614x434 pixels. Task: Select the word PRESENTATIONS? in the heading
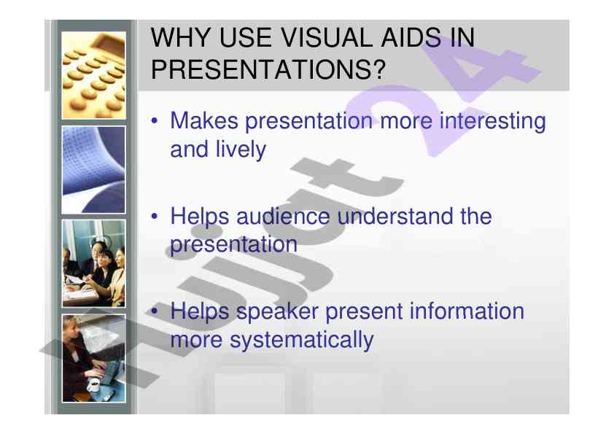tap(268, 70)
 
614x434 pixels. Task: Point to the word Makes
tap(204, 120)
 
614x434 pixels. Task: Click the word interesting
tap(492, 121)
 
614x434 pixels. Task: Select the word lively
tap(241, 150)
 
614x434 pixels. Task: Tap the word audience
tap(283, 216)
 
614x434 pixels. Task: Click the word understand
tap(414, 216)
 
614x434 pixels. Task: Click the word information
tap(467, 311)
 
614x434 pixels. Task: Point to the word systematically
tap(301, 341)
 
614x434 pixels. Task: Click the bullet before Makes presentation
tap(155, 120)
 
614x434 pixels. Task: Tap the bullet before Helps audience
tap(155, 216)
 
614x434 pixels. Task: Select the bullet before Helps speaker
tap(155, 311)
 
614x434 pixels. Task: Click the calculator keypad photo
tap(93, 75)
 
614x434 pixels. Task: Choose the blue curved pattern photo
tap(93, 170)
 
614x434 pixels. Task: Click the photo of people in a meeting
tap(93, 263)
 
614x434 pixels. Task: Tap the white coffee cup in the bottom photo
tap(93, 384)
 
